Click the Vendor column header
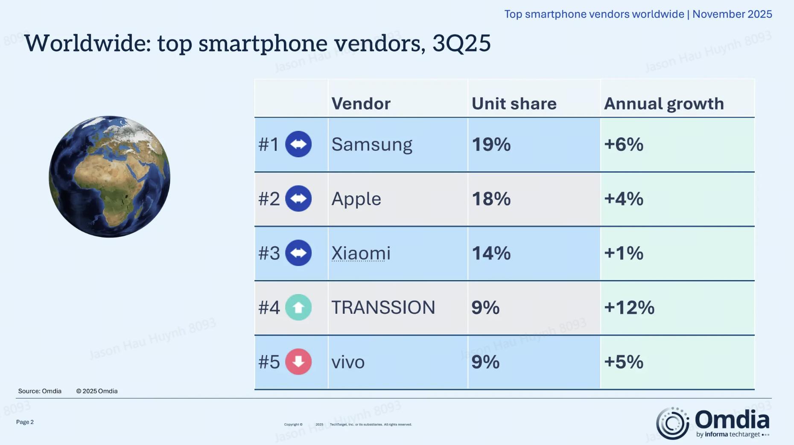pyautogui.click(x=361, y=104)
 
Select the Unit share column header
pyautogui.click(x=514, y=104)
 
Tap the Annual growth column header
pyautogui.click(x=664, y=104)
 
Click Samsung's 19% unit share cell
pyautogui.click(x=491, y=144)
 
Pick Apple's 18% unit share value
pyautogui.click(x=491, y=199)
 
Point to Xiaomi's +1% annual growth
pyautogui.click(x=623, y=253)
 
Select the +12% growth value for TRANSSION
pyautogui.click(x=629, y=308)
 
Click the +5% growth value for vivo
pyautogui.click(x=623, y=362)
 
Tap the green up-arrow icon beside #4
pyautogui.click(x=298, y=307)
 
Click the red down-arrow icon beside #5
pyautogui.click(x=298, y=362)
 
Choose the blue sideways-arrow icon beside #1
pyautogui.click(x=298, y=144)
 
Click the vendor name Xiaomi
pyautogui.click(x=361, y=253)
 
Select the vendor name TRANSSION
pyautogui.click(x=383, y=308)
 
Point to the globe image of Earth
pyautogui.click(x=109, y=176)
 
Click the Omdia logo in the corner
pyautogui.click(x=713, y=423)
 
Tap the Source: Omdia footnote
pyautogui.click(x=40, y=391)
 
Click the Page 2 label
pyautogui.click(x=25, y=422)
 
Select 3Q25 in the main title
pyautogui.click(x=461, y=43)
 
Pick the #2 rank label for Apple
pyautogui.click(x=269, y=199)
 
